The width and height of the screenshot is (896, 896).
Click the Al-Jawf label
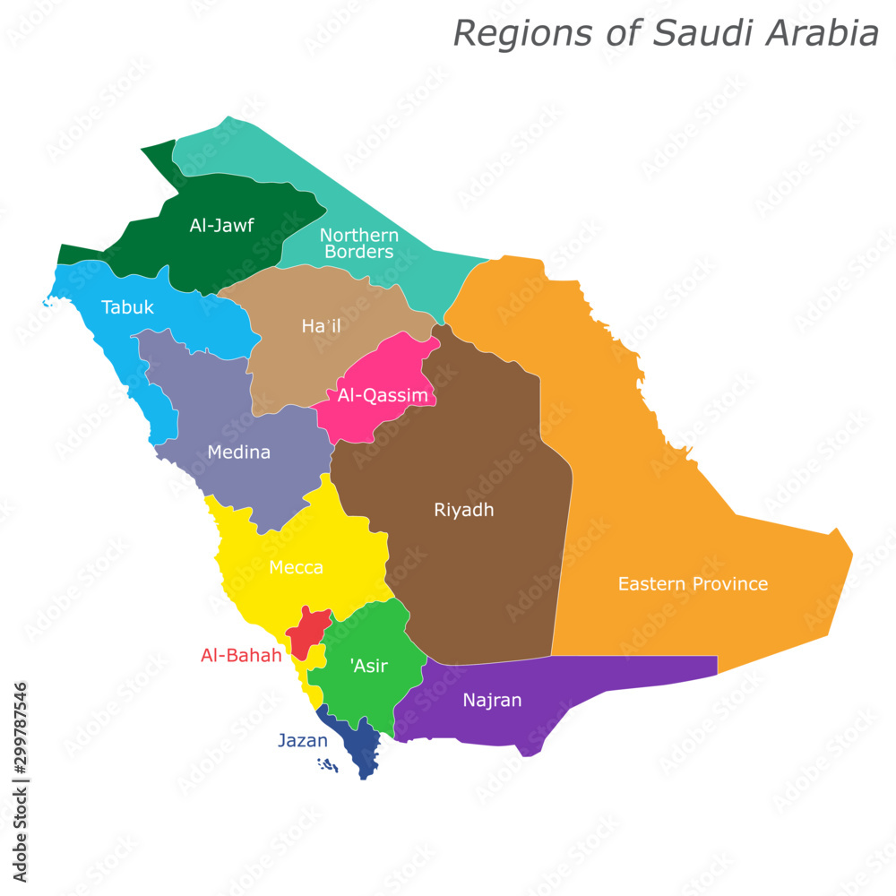[221, 226]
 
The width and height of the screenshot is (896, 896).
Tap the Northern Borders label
[359, 244]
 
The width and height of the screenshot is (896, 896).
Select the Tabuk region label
[127, 307]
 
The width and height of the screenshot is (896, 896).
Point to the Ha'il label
[321, 326]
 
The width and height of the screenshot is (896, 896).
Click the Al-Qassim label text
[383, 395]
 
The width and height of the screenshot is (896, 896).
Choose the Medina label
[238, 452]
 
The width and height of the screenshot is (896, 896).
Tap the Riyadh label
[464, 511]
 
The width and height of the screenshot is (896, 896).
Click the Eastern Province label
[693, 584]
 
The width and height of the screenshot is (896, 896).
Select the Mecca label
[296, 568]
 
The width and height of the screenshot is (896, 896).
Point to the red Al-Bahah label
[241, 656]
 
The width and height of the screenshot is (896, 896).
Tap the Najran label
[492, 701]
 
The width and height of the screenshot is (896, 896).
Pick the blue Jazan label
[302, 741]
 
